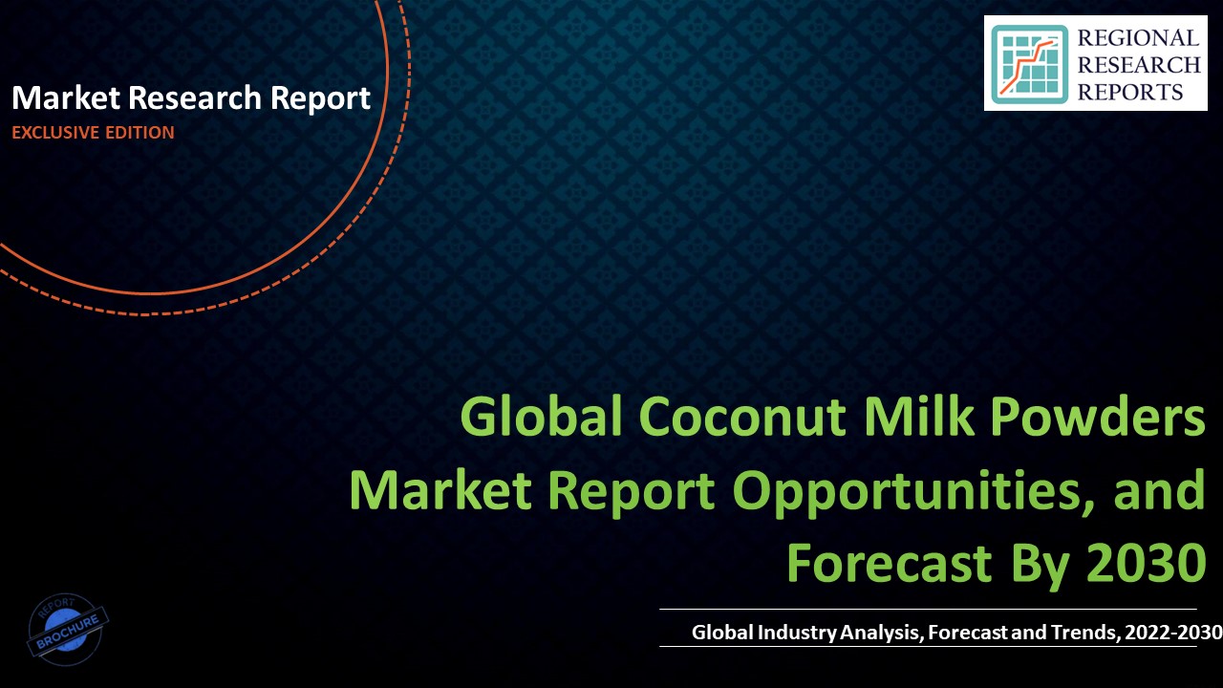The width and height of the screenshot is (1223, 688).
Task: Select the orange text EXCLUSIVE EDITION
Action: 93,133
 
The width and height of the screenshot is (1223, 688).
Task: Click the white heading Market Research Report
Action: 191,97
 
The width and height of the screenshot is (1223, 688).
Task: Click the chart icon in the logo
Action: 1029,63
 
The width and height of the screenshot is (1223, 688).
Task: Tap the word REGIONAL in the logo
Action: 1137,38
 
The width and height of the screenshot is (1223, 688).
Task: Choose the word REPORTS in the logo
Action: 1131,92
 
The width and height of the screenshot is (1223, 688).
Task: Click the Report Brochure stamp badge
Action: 67,629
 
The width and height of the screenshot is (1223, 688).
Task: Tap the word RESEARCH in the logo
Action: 1138,65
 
